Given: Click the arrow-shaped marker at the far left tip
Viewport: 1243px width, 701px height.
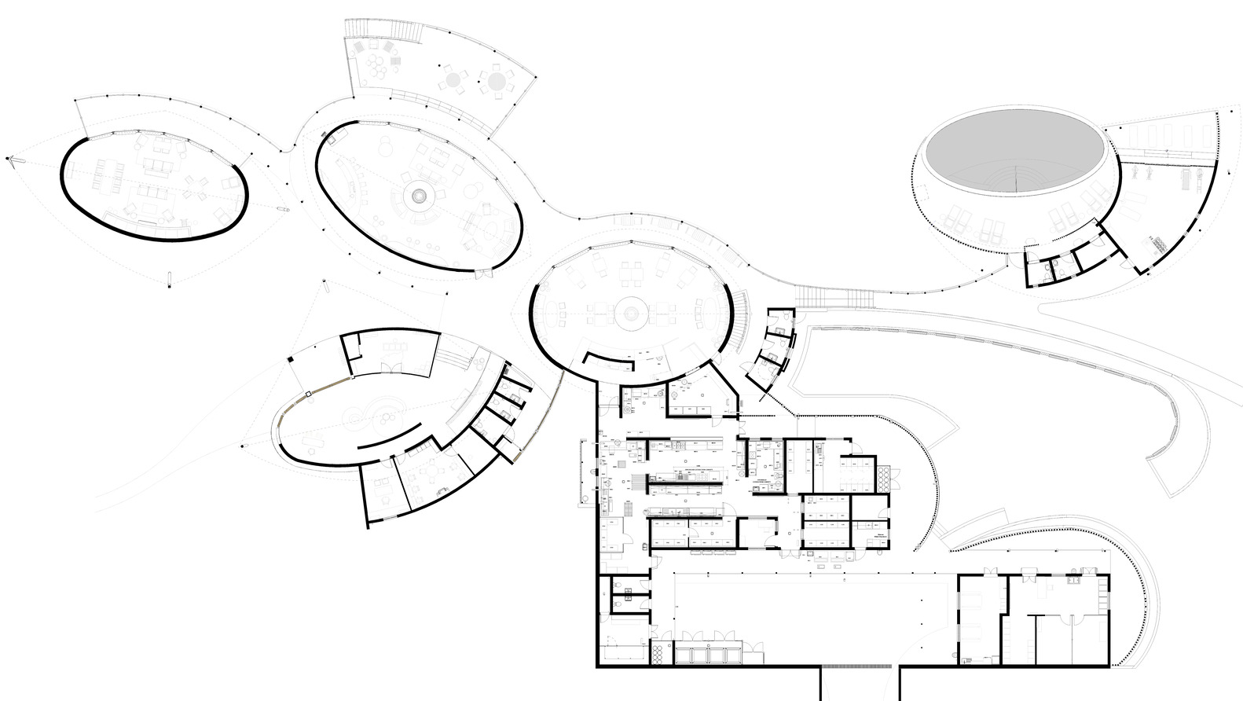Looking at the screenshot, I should click(10, 159).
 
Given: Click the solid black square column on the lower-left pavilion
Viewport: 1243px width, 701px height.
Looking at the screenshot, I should click(290, 360).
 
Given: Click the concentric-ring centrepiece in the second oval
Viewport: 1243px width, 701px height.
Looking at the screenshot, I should click(417, 194).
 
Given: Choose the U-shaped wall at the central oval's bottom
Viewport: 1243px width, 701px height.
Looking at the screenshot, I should click(609, 361).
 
